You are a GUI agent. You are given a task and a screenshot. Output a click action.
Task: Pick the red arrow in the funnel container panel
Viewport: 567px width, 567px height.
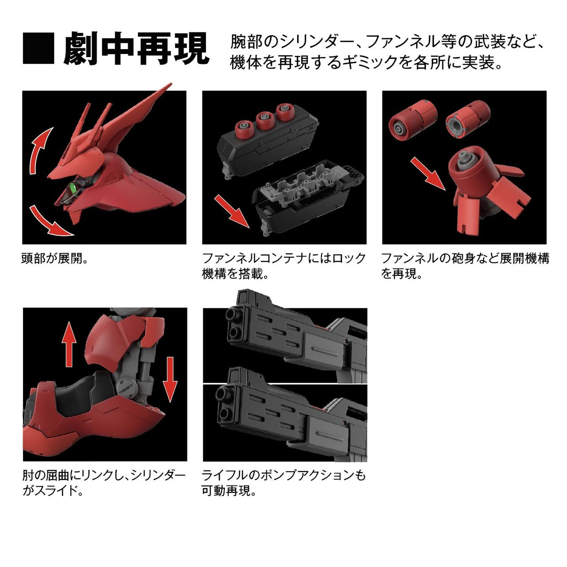pos(231,210)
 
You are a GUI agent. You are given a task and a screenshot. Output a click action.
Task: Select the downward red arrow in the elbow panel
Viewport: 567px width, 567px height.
pos(169,379)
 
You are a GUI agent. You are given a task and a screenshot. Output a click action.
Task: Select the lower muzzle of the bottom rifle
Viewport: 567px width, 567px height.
pos(225,414)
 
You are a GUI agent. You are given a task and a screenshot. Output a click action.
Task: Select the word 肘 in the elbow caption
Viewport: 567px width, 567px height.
pos(28,476)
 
